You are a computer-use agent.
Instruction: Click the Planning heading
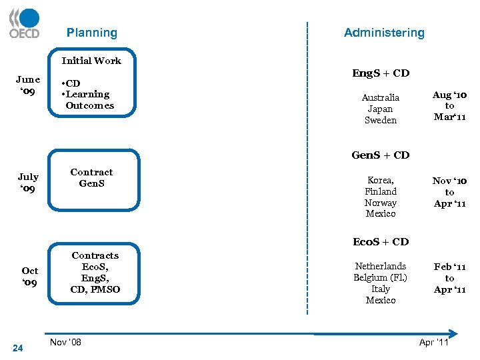tap(91, 33)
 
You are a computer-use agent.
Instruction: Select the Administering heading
tap(384, 33)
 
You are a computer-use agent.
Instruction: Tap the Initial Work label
tap(91, 61)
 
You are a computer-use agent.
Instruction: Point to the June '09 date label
tap(28, 85)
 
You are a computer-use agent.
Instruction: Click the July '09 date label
tap(28, 183)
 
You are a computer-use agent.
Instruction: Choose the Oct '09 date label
tap(29, 277)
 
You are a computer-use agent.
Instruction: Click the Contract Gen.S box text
tap(92, 178)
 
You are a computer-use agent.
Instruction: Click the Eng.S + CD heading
tap(381, 73)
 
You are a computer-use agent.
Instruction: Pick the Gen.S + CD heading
tap(381, 155)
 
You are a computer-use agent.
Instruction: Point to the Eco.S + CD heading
tap(381, 242)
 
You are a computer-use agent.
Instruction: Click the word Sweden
tap(381, 121)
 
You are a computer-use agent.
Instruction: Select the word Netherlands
tap(381, 266)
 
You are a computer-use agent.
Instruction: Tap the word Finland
tap(381, 192)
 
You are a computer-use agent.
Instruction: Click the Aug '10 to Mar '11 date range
tap(450, 106)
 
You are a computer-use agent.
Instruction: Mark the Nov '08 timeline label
tap(66, 342)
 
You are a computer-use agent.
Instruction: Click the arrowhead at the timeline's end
tap(454, 333)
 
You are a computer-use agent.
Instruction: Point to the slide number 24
tap(18, 348)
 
